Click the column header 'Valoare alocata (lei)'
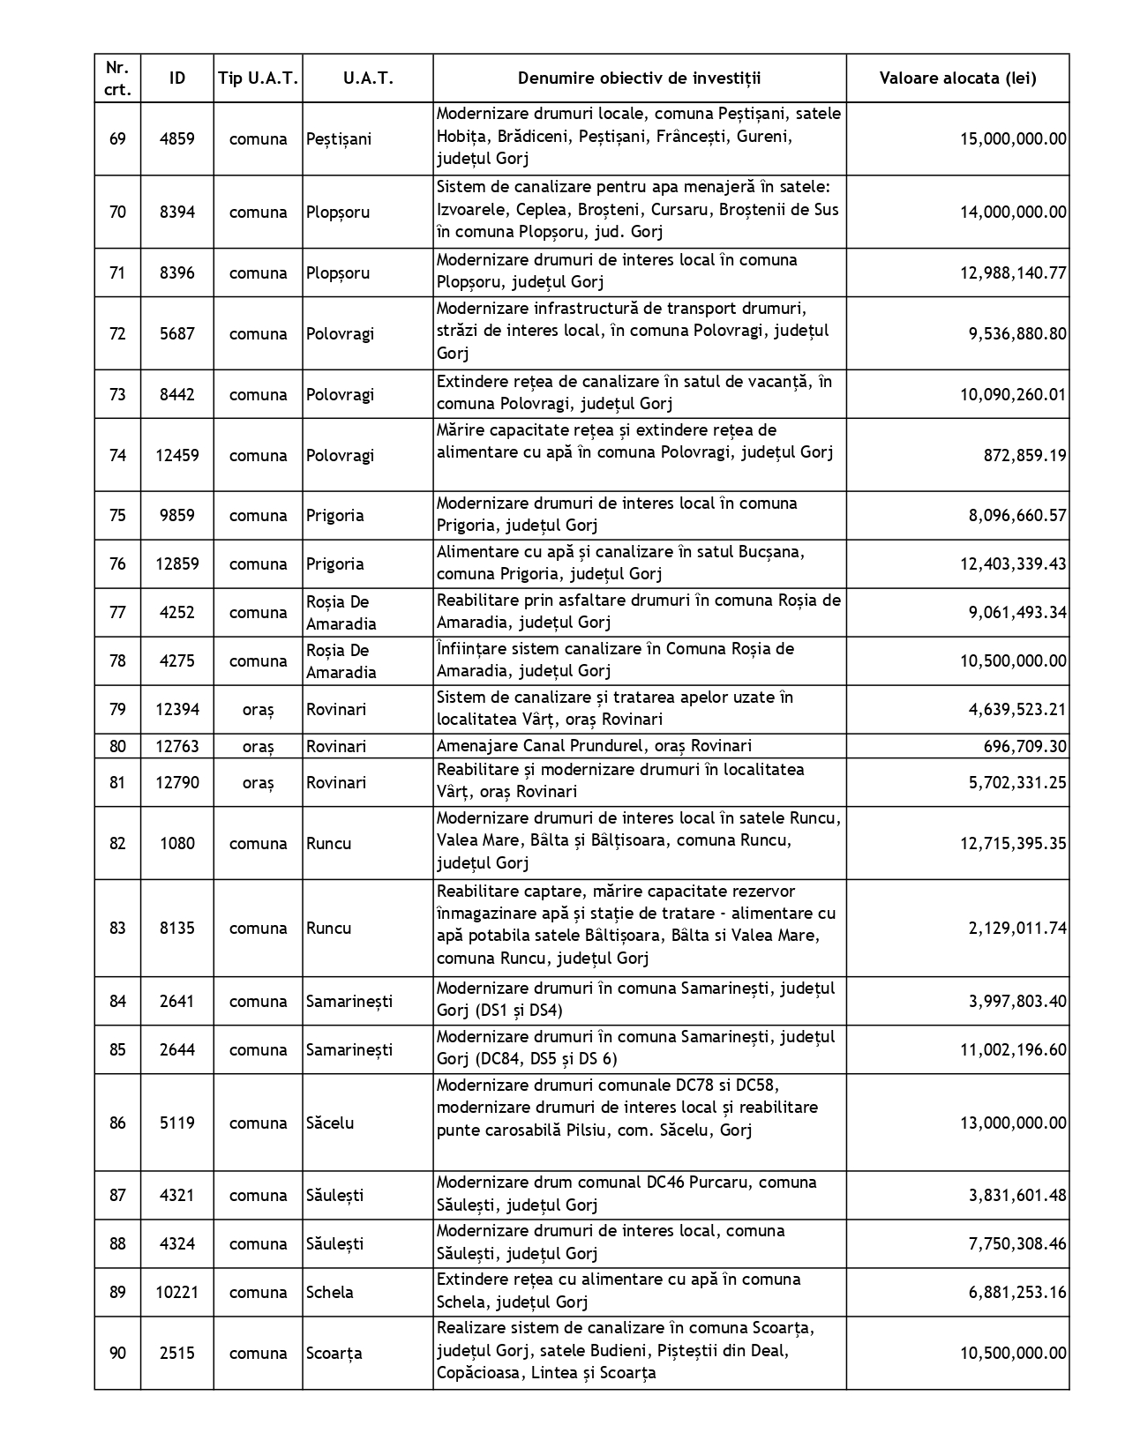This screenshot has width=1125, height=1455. coord(957,78)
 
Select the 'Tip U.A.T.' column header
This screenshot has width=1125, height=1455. coord(258,78)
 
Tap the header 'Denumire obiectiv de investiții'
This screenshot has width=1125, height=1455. coord(639,78)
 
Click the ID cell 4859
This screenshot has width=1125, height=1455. coord(177,138)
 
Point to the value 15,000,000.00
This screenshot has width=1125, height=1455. coord(1013,138)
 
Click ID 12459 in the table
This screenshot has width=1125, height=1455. coord(177,455)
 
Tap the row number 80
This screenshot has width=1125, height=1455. coord(117,746)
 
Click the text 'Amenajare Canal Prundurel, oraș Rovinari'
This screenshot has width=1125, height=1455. coord(594,746)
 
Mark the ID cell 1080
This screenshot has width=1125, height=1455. coord(177,843)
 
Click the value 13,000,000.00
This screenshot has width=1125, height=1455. coord(1013,1123)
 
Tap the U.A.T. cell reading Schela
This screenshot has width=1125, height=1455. coord(330,1292)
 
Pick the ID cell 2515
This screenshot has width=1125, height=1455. coord(177,1353)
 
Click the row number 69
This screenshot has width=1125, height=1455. coord(117,138)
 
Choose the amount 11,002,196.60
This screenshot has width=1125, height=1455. coord(1013,1049)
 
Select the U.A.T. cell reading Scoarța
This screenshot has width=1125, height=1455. coord(334,1353)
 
